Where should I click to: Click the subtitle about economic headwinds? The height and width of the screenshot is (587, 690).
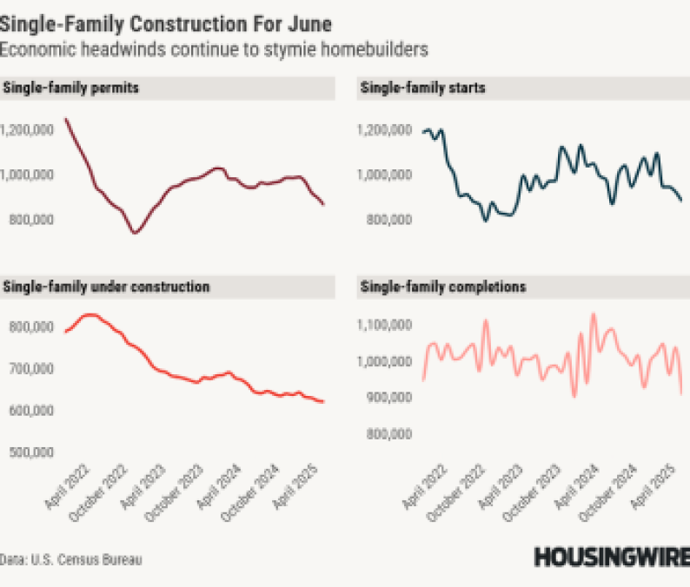(214, 50)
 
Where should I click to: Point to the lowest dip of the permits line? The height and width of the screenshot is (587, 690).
(135, 233)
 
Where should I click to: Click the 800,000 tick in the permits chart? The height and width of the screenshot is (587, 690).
(29, 220)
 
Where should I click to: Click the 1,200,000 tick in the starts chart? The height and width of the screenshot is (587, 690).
(382, 130)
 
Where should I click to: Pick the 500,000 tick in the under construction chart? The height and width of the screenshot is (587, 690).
(29, 452)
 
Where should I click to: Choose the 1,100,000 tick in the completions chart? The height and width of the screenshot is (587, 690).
(382, 325)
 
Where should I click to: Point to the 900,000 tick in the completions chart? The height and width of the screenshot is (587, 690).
(386, 398)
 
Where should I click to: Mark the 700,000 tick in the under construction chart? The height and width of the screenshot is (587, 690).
(29, 368)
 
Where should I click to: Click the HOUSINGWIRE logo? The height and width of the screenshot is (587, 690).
(611, 557)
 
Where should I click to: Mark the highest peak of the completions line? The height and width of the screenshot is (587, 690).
(594, 314)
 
